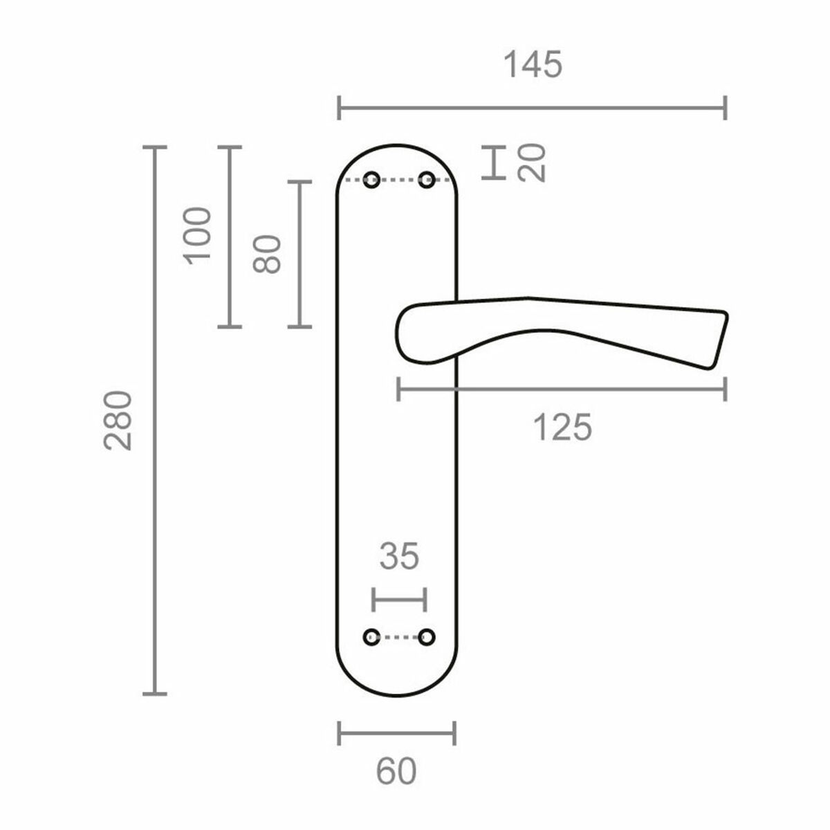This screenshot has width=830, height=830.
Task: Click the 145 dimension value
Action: click(x=533, y=65)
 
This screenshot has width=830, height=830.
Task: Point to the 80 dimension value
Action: click(x=268, y=254)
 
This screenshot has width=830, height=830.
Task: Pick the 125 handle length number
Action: click(x=562, y=428)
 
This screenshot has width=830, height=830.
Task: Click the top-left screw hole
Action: click(x=372, y=181)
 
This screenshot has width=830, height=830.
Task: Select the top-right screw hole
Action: click(x=427, y=181)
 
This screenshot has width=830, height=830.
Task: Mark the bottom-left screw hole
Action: click(x=372, y=636)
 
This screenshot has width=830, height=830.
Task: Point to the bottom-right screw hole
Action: click(x=427, y=636)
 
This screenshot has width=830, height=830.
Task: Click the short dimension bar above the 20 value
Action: click(x=492, y=163)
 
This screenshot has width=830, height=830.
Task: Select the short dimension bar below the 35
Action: click(x=399, y=600)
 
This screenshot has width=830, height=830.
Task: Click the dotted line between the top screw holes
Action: click(x=400, y=181)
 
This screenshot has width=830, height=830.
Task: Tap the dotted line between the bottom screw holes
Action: click(x=400, y=636)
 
